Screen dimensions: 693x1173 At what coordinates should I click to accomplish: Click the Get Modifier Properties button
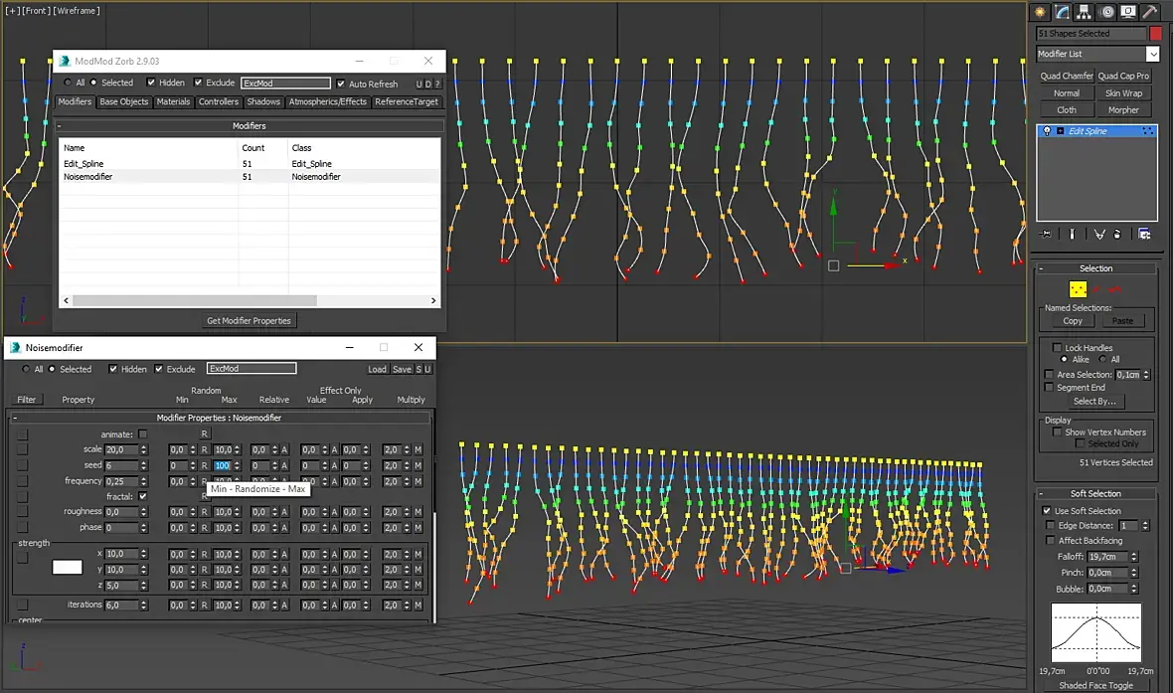click(250, 320)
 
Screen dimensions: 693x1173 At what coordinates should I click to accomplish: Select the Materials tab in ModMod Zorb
click(173, 101)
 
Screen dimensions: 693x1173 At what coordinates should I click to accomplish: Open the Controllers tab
click(219, 101)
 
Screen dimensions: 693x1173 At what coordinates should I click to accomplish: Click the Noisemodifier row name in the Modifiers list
click(87, 177)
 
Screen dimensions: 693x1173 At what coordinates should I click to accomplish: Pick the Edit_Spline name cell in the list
click(84, 164)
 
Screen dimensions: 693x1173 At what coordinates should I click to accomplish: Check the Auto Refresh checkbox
click(341, 84)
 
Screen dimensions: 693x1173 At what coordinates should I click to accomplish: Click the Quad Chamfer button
click(1067, 76)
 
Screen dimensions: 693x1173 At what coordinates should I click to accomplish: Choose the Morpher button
click(1123, 110)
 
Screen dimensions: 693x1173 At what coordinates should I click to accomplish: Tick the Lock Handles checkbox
click(1057, 348)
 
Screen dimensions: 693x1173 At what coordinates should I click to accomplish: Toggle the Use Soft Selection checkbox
click(1047, 511)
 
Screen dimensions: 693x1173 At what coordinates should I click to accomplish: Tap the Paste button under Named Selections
click(1122, 321)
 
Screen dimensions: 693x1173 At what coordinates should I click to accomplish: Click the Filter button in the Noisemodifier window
click(27, 400)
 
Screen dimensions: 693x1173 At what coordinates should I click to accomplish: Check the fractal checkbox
click(143, 496)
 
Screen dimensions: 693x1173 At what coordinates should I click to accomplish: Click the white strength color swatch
click(68, 568)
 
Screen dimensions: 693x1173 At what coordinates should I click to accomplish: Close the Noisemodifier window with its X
click(419, 347)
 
